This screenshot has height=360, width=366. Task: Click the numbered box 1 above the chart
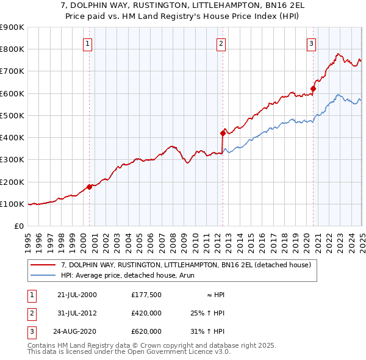click(88, 43)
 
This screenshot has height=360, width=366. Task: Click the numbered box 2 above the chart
click(220, 43)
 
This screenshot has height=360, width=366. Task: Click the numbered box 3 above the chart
click(311, 43)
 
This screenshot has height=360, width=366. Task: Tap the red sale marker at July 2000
click(89, 187)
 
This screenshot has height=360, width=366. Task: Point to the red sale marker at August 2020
click(313, 89)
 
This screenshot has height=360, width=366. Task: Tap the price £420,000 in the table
click(146, 314)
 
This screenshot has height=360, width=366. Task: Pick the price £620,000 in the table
click(146, 332)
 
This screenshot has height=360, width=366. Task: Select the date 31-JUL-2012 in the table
click(77, 314)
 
